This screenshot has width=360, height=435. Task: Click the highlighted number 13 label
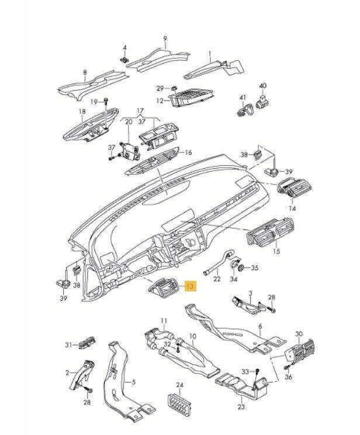click(191, 286)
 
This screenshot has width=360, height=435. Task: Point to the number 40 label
click(262, 85)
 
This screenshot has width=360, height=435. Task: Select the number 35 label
click(254, 269)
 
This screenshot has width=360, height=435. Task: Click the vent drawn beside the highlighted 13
click(165, 288)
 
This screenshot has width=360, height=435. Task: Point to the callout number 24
click(180, 385)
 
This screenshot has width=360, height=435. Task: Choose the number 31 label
click(68, 345)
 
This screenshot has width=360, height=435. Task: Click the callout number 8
click(85, 74)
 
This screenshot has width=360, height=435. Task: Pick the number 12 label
click(160, 101)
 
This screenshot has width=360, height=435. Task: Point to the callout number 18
click(82, 111)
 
